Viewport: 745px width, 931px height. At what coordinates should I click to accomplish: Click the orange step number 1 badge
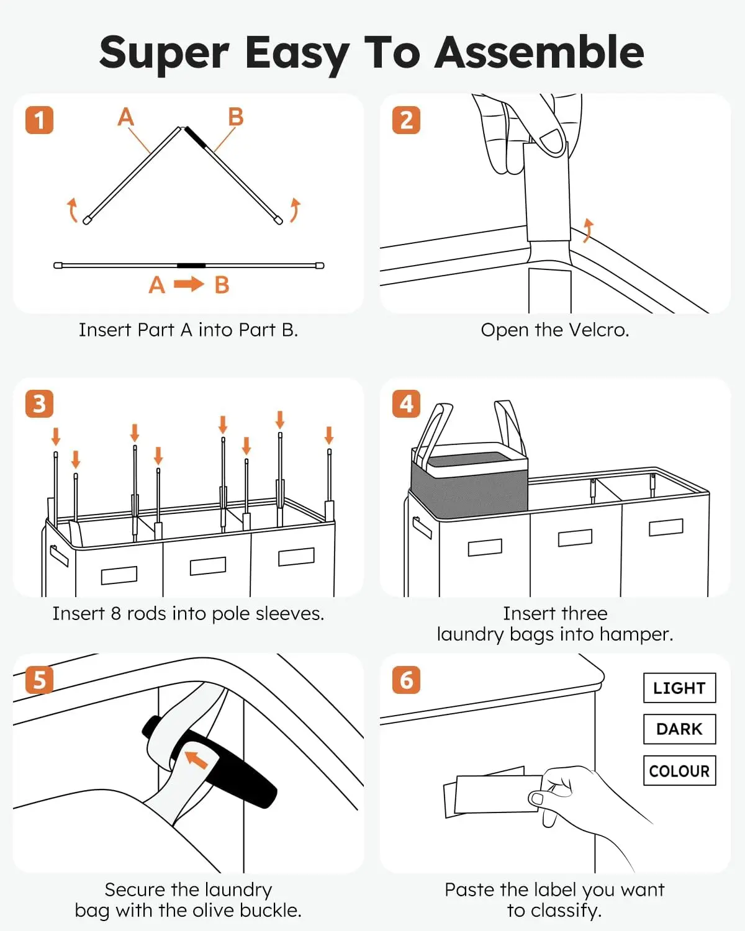pos(39,120)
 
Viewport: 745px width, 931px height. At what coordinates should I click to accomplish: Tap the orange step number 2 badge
pos(406,120)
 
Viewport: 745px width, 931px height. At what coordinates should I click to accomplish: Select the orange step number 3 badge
pos(39,403)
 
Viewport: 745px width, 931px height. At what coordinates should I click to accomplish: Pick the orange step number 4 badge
pos(406,403)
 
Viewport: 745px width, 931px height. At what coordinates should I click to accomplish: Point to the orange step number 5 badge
pos(39,680)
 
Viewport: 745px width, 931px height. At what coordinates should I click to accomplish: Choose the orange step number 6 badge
pos(406,680)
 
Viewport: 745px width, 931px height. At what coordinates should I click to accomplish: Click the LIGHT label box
pos(679,688)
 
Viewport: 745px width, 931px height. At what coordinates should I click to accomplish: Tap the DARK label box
pos(679,729)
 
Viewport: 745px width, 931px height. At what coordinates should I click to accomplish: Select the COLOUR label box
pos(679,770)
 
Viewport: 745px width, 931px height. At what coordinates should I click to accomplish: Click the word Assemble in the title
pos(539,52)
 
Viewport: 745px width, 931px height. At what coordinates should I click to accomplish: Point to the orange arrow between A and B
pos(189,284)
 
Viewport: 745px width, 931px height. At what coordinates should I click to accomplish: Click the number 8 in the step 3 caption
pos(115,613)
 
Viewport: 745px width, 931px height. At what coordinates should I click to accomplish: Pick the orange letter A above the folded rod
pos(126,117)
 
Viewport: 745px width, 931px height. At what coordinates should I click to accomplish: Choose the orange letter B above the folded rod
pos(235,117)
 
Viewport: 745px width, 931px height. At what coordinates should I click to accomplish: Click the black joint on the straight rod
pos(191,266)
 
